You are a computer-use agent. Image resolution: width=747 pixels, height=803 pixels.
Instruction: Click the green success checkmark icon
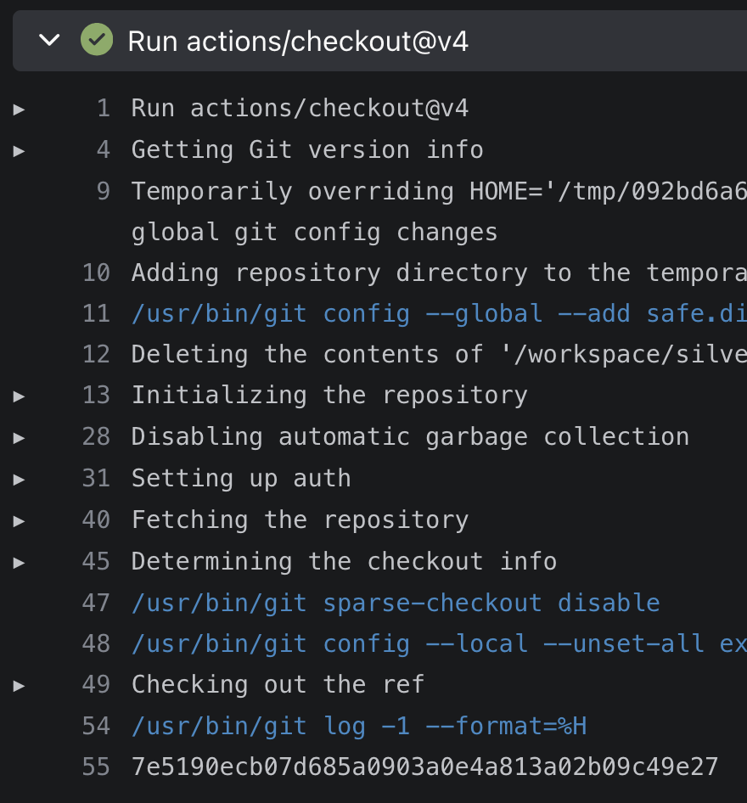pyautogui.click(x=97, y=39)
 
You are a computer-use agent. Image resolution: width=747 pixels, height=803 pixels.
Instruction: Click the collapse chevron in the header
pyautogui.click(x=50, y=39)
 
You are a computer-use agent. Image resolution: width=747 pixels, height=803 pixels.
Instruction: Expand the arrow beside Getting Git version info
pyautogui.click(x=19, y=151)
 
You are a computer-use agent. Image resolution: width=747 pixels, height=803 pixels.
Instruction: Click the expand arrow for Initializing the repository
pyautogui.click(x=19, y=396)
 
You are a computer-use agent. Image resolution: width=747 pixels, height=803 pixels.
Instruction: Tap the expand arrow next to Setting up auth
pyautogui.click(x=19, y=480)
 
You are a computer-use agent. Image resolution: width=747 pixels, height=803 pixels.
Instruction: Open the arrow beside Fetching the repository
pyautogui.click(x=19, y=521)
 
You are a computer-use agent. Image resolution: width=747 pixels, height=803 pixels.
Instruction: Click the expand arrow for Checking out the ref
pyautogui.click(x=19, y=686)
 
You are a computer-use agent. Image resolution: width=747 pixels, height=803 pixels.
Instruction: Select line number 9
pyautogui.click(x=104, y=191)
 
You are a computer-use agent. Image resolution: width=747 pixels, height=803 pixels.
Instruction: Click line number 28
pyautogui.click(x=96, y=436)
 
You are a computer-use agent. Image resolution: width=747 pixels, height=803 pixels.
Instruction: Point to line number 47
pyautogui.click(x=96, y=603)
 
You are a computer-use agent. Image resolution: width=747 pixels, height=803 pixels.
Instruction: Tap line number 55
pyautogui.click(x=96, y=766)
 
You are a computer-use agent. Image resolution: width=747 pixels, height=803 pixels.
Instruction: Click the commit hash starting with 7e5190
pyautogui.click(x=425, y=766)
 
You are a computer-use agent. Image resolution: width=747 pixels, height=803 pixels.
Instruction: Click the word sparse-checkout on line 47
pyautogui.click(x=433, y=604)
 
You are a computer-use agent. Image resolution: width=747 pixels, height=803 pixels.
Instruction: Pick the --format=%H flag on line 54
pyautogui.click(x=507, y=727)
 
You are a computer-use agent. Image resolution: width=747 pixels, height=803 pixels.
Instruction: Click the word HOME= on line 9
pyautogui.click(x=506, y=191)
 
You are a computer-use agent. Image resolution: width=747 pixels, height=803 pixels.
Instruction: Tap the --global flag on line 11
pyautogui.click(x=484, y=314)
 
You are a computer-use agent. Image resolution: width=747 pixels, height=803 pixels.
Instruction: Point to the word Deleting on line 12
pyautogui.click(x=190, y=355)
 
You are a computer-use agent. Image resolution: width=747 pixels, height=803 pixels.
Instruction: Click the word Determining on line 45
pyautogui.click(x=212, y=562)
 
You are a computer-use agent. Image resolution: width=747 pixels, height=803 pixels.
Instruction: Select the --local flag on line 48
pyautogui.click(x=477, y=643)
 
